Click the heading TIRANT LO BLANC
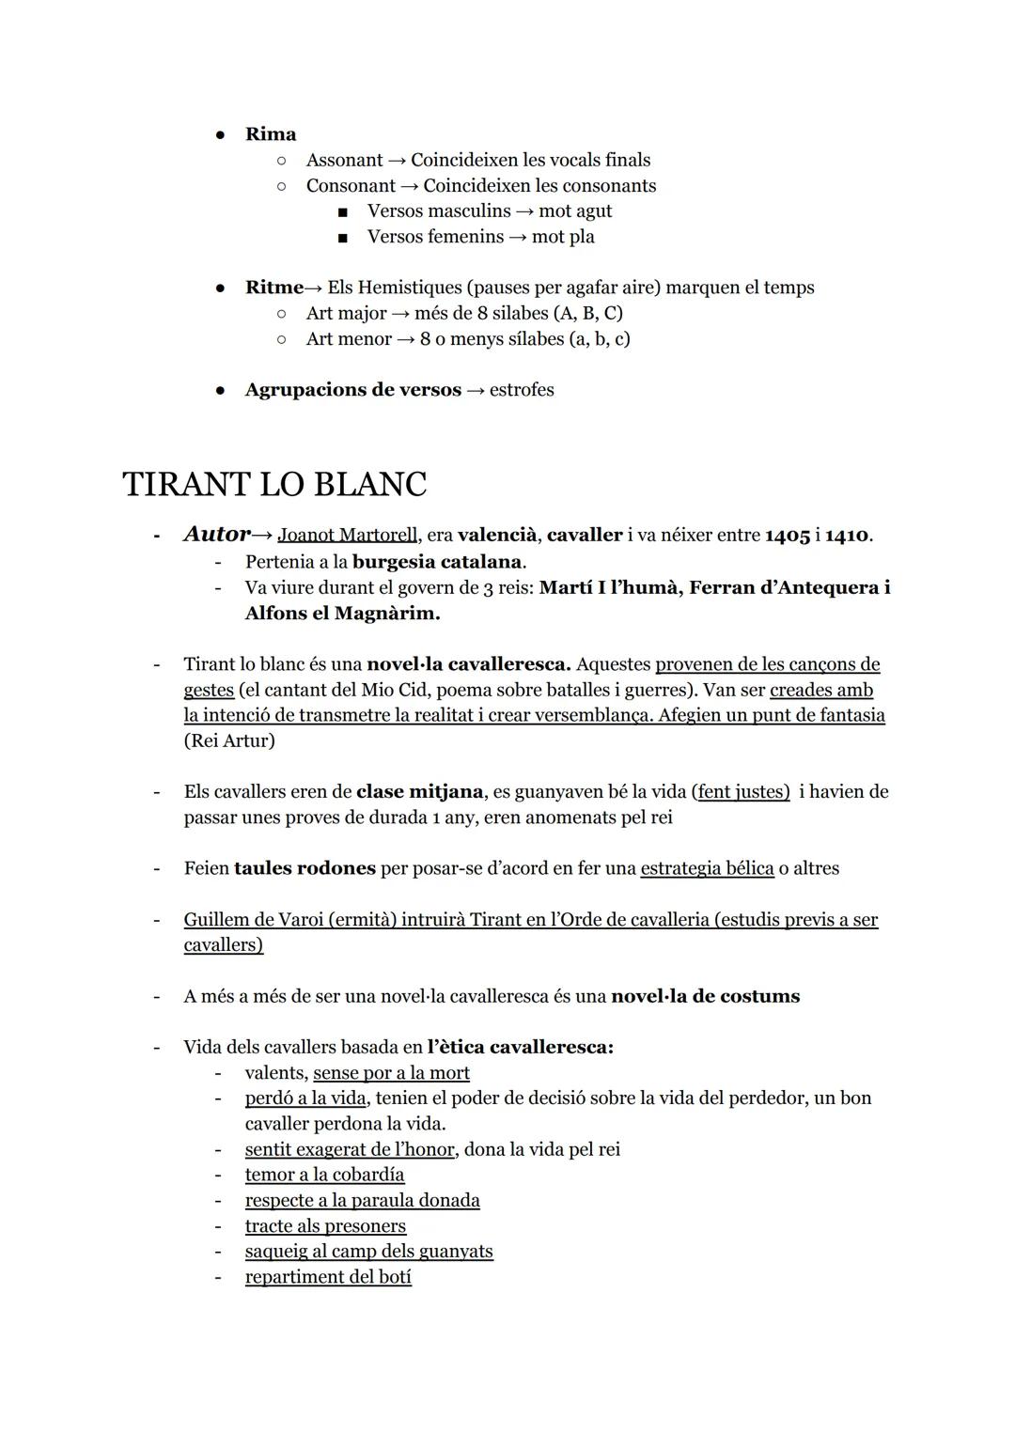click(274, 485)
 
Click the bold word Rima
click(271, 134)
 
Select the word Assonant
click(344, 161)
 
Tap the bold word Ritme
click(273, 288)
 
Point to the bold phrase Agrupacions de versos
click(352, 390)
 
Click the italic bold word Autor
click(217, 535)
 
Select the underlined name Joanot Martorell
click(348, 536)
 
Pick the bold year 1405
click(787, 536)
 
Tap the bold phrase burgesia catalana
click(437, 562)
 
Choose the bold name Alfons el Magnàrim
click(342, 614)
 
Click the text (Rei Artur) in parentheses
click(229, 740)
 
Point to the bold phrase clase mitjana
click(419, 792)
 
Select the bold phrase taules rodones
click(304, 868)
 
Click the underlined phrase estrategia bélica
click(707, 868)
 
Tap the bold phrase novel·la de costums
click(705, 996)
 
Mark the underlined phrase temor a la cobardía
click(324, 1175)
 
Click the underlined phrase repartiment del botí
click(328, 1277)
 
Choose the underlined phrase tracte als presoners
click(325, 1226)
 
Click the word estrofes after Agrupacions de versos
click(522, 390)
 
